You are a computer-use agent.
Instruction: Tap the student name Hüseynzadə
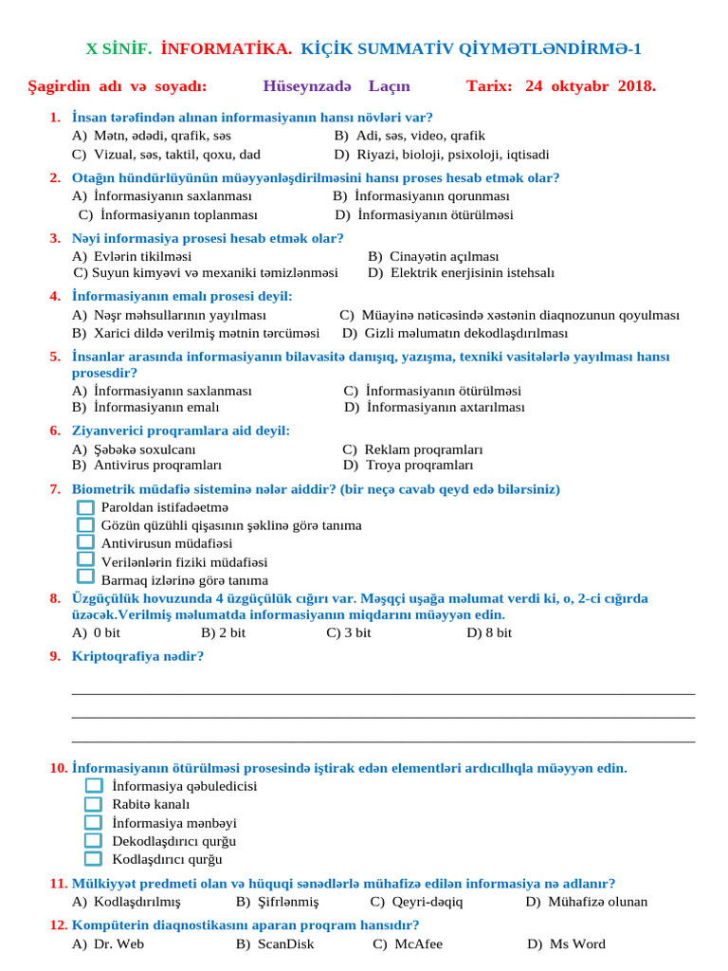[310, 86]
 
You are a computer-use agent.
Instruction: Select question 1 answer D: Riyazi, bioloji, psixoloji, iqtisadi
[440, 155]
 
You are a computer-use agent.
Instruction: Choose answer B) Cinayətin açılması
[433, 256]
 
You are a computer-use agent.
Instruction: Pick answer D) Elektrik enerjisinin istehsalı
[461, 273]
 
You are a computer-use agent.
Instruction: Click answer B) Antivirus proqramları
[147, 466]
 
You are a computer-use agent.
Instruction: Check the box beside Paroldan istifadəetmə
[85, 507]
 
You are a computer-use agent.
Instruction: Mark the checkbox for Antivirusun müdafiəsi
[85, 542]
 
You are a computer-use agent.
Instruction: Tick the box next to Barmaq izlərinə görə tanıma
[85, 577]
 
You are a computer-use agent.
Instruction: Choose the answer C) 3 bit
[348, 632]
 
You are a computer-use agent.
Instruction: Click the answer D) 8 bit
[488, 632]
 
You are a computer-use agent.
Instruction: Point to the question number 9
[55, 656]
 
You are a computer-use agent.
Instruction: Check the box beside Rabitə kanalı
[93, 804]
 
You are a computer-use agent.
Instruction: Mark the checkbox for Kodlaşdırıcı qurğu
[93, 859]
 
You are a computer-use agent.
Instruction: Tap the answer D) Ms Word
[565, 944]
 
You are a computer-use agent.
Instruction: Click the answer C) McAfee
[408, 944]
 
